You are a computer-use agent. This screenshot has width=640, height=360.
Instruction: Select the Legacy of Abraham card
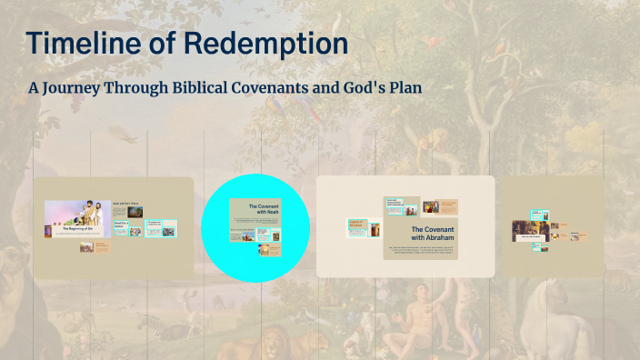coord(355,228)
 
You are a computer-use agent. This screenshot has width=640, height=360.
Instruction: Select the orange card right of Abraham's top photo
coord(449,207)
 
